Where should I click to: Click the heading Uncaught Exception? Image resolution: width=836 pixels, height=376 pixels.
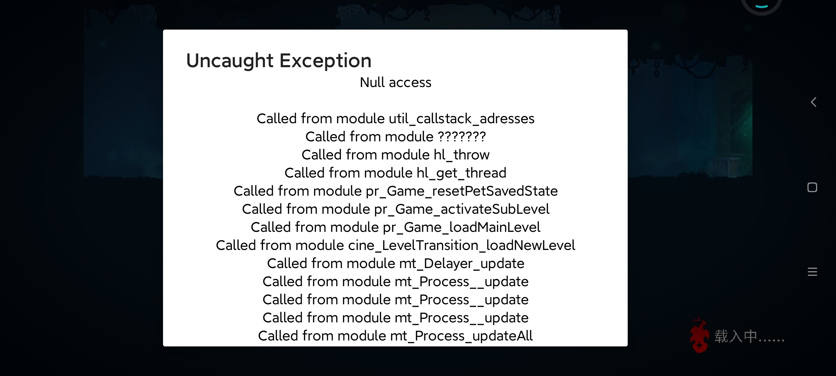279,61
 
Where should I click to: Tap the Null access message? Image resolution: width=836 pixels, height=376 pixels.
395,83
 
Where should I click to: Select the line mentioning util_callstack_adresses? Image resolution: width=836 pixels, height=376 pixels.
395,119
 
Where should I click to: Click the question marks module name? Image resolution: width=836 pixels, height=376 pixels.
462,136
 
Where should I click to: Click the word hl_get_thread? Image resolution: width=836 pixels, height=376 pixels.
462,173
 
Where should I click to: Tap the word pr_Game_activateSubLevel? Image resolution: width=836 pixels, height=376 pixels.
462,209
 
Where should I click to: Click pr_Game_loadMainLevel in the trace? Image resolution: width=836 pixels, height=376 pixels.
462,227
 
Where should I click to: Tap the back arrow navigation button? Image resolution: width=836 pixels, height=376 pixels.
813,102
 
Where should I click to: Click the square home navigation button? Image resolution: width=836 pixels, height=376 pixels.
812,187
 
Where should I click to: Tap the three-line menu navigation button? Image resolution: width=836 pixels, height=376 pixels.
812,272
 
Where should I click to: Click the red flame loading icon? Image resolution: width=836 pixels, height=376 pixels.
699,335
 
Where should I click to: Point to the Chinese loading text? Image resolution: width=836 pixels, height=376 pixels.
749,336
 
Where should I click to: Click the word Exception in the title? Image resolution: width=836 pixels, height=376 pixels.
325,61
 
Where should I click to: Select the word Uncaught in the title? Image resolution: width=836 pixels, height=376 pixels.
230,61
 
